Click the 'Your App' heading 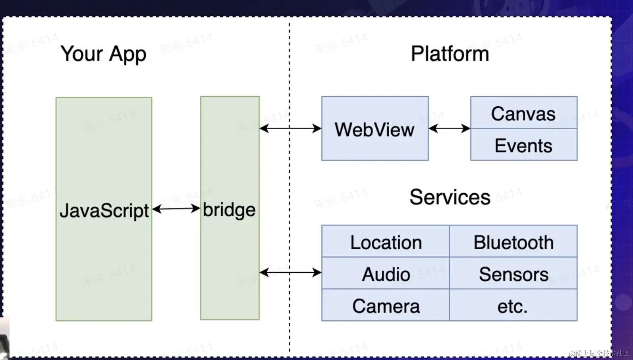[103, 54]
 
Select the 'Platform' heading [450, 54]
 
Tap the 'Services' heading [450, 197]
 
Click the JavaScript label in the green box [104, 211]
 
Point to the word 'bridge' [229, 210]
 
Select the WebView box [375, 129]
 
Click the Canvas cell [523, 113]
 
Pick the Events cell [523, 145]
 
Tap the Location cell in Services [386, 242]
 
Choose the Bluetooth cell [513, 242]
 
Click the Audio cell [386, 274]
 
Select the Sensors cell [513, 274]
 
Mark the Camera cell [386, 306]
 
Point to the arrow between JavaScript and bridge [176, 209]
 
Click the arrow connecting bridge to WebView [290, 128]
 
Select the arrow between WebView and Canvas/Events [449, 128]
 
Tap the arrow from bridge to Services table [290, 273]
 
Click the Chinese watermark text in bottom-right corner [599, 353]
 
